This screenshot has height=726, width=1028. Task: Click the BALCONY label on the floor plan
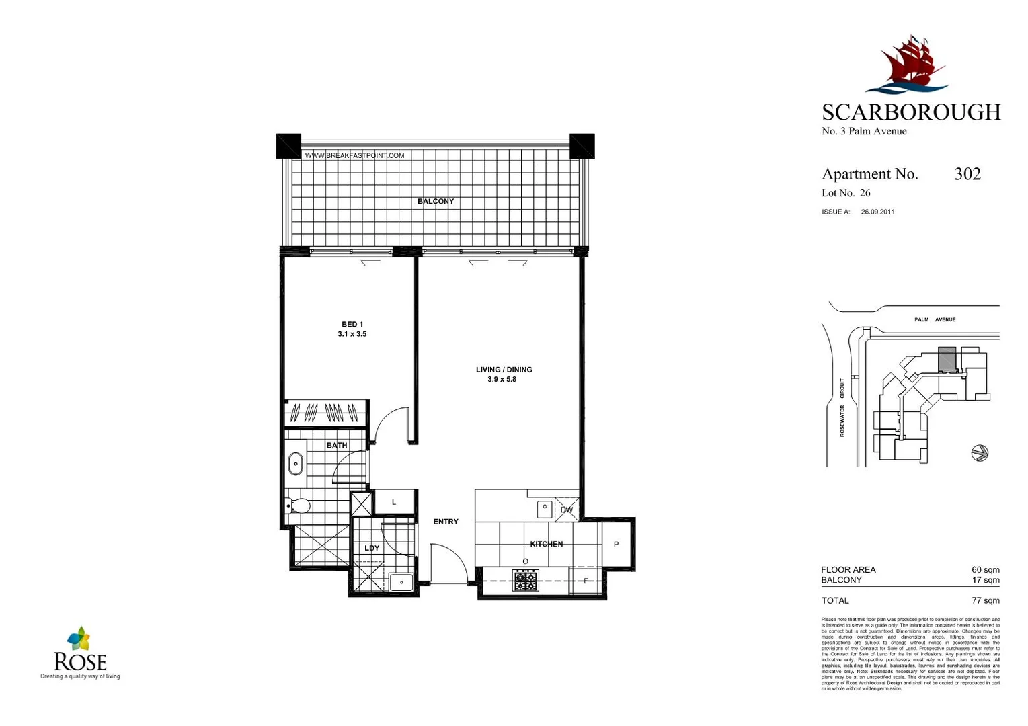[436, 201]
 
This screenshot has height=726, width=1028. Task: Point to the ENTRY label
[446, 522]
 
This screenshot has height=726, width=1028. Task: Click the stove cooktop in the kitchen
[525, 580]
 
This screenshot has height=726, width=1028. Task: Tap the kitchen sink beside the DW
[544, 509]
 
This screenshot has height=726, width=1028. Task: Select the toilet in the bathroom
[297, 506]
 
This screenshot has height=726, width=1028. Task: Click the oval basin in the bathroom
[295, 464]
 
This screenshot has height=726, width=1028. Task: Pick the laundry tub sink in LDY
[401, 582]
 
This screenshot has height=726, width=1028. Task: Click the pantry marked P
[616, 544]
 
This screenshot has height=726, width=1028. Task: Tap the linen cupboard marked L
[394, 502]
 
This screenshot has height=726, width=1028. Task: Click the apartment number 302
[967, 174]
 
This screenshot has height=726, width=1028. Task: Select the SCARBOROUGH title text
[911, 112]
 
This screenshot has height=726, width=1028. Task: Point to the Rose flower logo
[79, 639]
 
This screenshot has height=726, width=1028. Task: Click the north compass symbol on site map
[980, 453]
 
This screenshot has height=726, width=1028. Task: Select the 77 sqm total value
[985, 600]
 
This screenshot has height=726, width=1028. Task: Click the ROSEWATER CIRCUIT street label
[842, 407]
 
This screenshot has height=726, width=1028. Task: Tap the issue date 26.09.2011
[877, 212]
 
